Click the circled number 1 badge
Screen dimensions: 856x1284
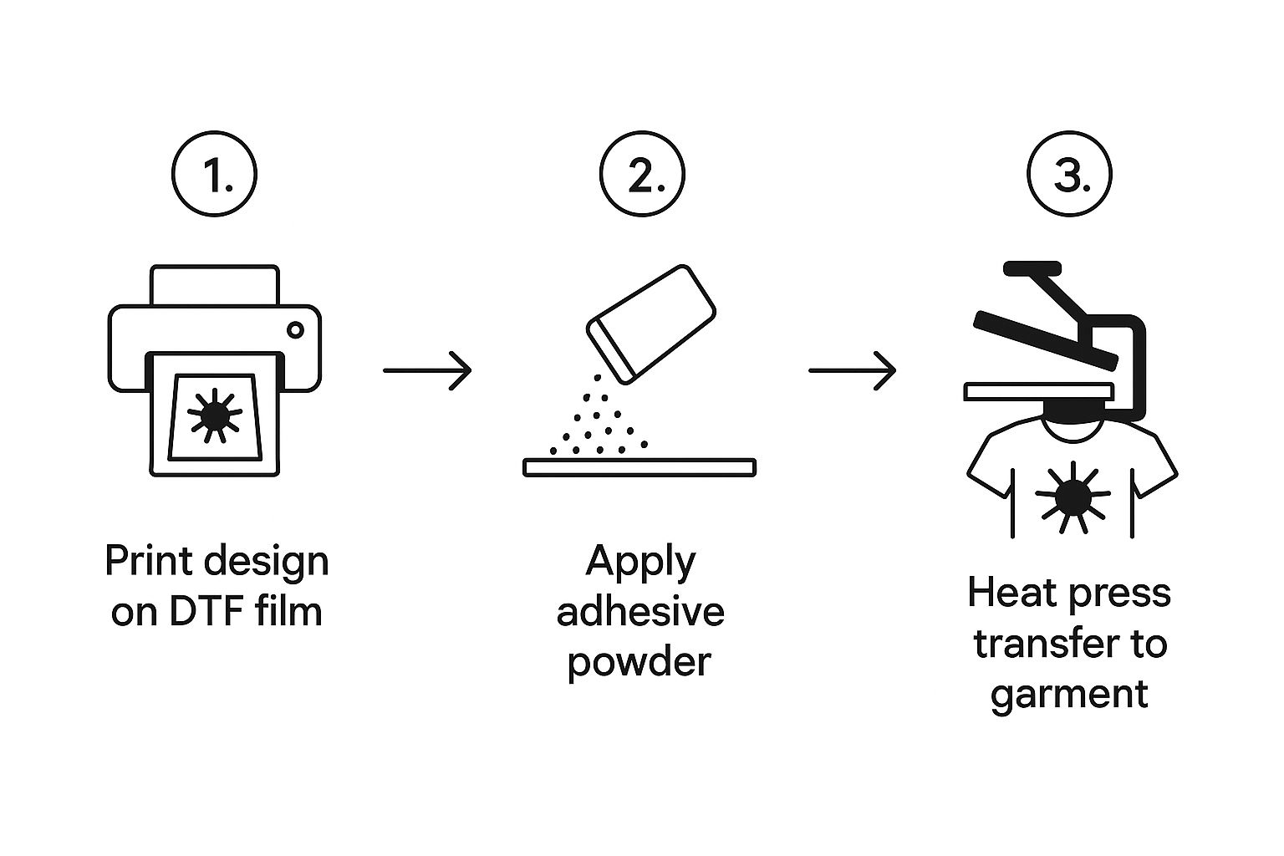214,176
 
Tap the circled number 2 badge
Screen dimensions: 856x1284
642,176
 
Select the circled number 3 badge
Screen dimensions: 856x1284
1069,176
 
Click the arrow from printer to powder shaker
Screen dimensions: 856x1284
427,369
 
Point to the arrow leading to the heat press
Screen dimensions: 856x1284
852,369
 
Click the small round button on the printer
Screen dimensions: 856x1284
295,330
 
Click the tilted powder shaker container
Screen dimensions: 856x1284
652,323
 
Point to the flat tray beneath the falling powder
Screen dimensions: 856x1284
639,467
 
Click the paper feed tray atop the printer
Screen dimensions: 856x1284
214,285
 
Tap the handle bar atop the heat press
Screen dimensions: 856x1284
1032,269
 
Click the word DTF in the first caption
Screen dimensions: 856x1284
200,612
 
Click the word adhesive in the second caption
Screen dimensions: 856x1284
640,611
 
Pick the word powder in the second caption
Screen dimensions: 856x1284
639,662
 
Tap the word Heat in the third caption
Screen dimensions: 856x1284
1006,593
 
